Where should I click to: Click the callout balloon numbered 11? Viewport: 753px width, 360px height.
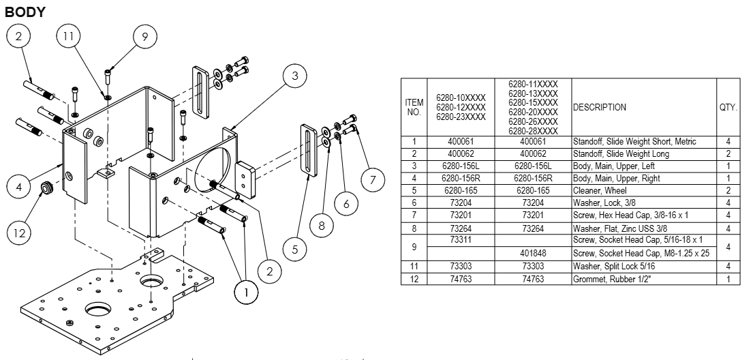[x=68, y=38]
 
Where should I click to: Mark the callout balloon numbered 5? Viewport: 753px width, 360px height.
[x=294, y=250]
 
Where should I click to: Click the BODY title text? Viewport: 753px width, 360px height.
[x=25, y=12]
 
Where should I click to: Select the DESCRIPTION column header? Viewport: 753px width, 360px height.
[x=600, y=107]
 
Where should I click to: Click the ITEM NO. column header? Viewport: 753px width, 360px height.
[x=414, y=107]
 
